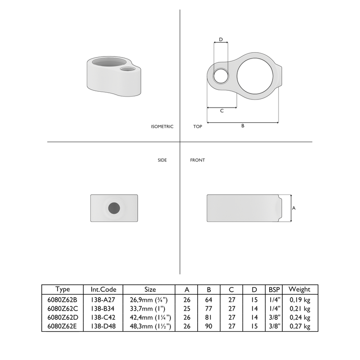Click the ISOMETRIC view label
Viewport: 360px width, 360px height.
[x=162, y=126]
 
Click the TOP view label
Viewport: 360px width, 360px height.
[x=197, y=126]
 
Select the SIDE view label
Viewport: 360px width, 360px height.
[x=162, y=160]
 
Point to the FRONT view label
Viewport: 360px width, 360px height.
[x=197, y=160]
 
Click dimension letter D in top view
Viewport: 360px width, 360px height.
[x=220, y=39]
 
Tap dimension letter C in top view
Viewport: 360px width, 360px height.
[x=222, y=111]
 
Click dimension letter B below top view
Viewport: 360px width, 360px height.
[x=242, y=126]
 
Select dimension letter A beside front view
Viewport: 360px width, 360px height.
[x=294, y=208]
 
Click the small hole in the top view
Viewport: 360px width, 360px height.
[x=221, y=75]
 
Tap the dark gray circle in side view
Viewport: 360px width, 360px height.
[x=114, y=208]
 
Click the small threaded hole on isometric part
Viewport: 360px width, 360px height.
[x=128, y=70]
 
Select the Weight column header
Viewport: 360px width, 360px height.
[x=300, y=289]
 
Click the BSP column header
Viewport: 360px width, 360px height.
[x=274, y=289]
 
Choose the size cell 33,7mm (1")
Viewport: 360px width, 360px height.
[x=150, y=308]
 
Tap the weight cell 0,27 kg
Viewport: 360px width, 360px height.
[x=300, y=326]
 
